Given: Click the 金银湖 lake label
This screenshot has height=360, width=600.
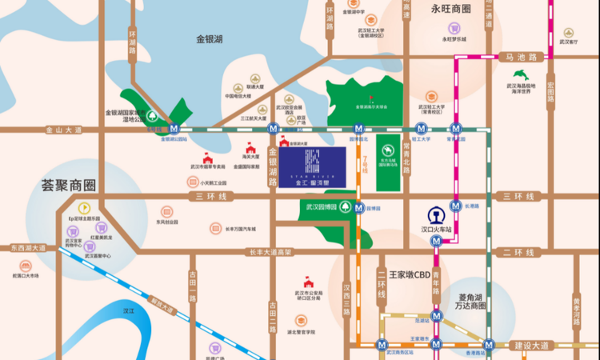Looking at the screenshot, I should [x=210, y=38].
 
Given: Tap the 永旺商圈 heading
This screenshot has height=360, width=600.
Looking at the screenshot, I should [x=451, y=10].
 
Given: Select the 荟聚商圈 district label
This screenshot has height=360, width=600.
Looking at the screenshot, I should [x=69, y=186].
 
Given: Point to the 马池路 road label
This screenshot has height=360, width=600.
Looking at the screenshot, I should [x=520, y=57].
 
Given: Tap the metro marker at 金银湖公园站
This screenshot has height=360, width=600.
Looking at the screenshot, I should [x=174, y=128].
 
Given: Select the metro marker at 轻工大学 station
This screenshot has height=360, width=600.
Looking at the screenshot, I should [x=421, y=128].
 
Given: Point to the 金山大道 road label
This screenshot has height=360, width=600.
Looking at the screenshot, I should [x=64, y=129].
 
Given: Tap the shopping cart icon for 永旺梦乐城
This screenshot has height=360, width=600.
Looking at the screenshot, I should [x=452, y=26].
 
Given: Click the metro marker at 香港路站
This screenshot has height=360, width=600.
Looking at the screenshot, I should [x=489, y=346].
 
